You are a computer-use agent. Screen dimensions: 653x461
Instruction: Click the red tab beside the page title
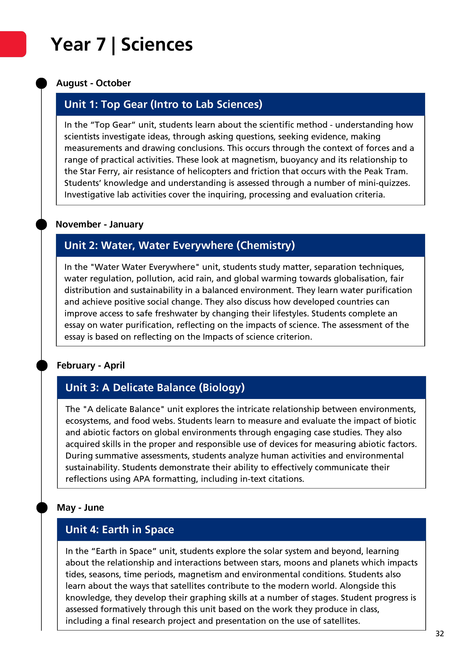click(x=13, y=44)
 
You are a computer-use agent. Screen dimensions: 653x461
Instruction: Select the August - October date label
click(x=94, y=83)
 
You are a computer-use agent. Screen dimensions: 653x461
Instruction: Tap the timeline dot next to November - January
click(x=41, y=224)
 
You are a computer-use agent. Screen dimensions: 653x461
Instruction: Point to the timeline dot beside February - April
click(x=42, y=365)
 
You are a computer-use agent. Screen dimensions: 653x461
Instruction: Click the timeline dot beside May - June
click(x=42, y=508)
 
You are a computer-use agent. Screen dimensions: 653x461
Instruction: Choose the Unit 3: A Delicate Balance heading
click(x=155, y=388)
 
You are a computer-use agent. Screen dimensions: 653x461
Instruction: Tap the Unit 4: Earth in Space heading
click(x=120, y=530)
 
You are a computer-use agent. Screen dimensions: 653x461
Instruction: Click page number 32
click(x=439, y=634)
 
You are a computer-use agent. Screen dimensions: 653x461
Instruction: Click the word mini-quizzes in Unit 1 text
click(x=384, y=183)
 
